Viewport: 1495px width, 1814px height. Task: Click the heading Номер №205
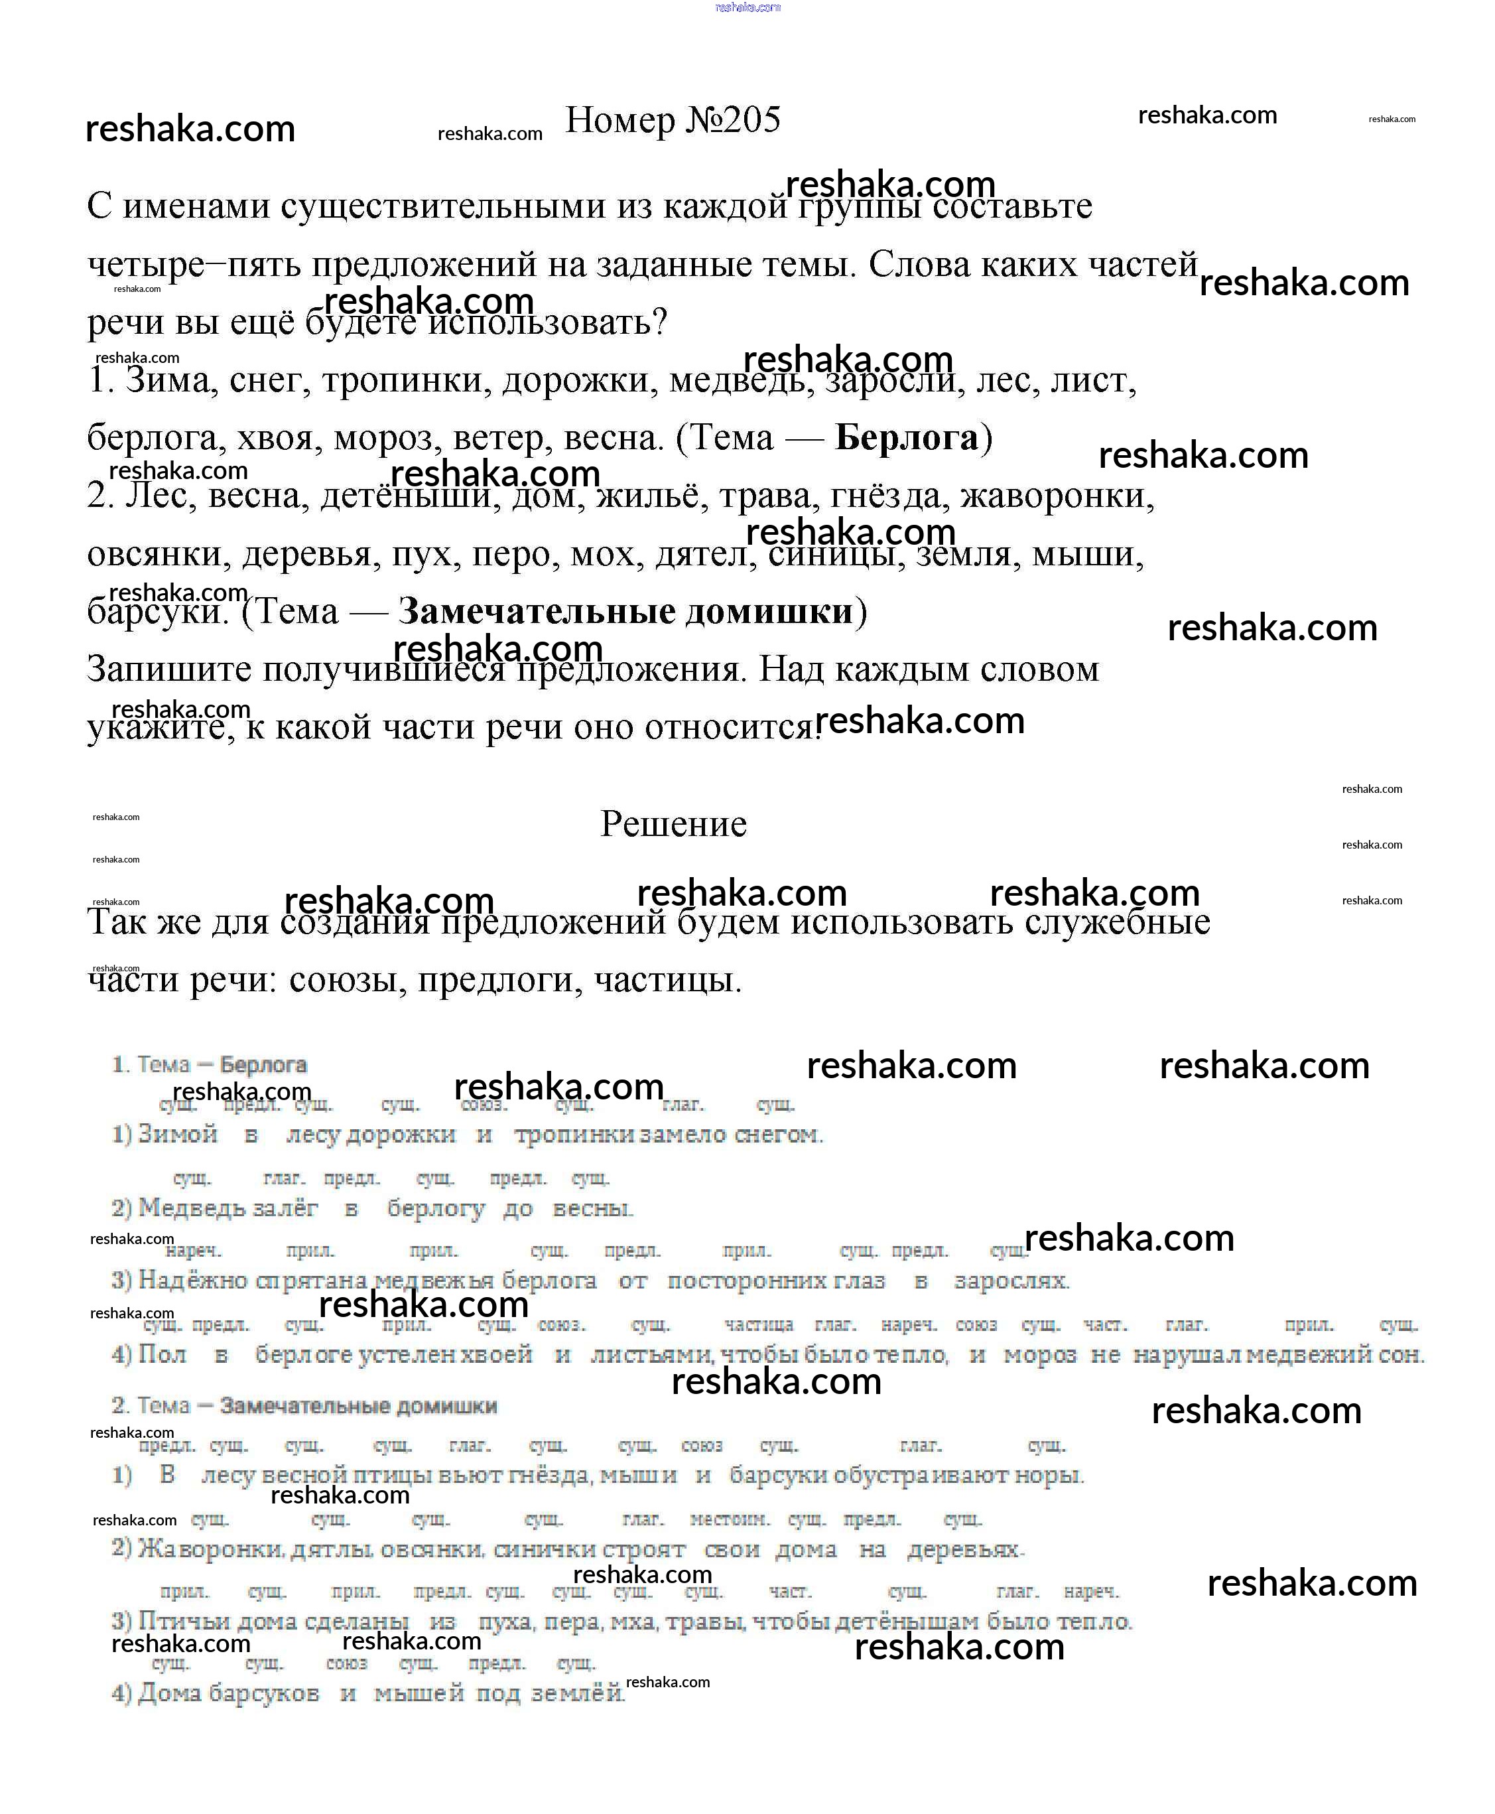(673, 121)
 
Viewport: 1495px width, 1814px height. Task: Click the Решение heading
(673, 824)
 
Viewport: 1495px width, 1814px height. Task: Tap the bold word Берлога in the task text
(906, 437)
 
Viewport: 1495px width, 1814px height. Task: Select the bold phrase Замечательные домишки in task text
(625, 612)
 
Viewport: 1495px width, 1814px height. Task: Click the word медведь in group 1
(741, 381)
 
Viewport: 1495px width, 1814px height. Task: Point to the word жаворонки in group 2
(1057, 496)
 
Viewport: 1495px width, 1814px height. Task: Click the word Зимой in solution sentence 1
(177, 1135)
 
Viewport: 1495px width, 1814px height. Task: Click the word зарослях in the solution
(1011, 1281)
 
